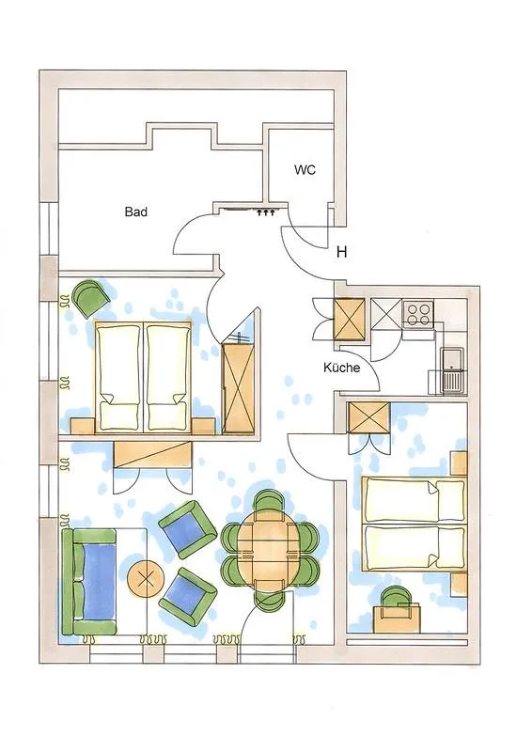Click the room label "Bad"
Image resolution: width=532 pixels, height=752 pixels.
coord(136,212)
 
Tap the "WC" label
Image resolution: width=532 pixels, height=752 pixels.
coord(304,171)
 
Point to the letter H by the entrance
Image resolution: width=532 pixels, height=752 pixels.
coord(342,252)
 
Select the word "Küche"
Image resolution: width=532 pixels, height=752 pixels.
coord(341,368)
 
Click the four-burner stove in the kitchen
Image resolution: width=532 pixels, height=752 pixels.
coord(417,312)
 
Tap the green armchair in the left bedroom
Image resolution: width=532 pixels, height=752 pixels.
coord(90,298)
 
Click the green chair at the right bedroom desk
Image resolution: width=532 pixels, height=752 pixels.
coord(395,598)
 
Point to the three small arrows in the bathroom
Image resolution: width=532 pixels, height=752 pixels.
coord(265,213)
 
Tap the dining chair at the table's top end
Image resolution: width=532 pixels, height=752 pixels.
coord(270,503)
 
